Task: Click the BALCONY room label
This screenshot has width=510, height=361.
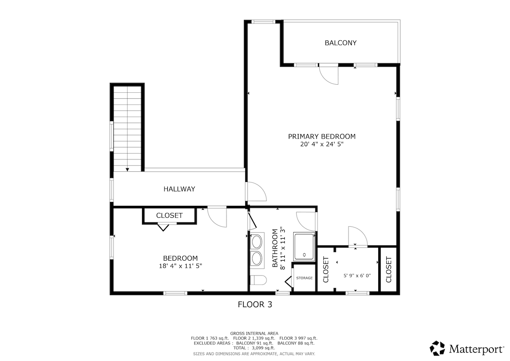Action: [340, 43]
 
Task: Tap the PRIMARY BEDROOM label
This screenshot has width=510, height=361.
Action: [322, 136]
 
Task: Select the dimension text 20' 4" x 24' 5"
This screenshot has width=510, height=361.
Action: [322, 144]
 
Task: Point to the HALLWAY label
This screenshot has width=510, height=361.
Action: [179, 189]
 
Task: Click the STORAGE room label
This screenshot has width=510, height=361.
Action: [304, 278]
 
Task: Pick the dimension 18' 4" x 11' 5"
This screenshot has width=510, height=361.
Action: [180, 266]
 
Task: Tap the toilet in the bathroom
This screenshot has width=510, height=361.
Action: [258, 280]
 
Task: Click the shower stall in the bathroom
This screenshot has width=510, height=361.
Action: [304, 247]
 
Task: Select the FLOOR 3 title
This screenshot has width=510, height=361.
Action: [255, 304]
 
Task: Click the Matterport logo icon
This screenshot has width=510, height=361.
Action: [437, 348]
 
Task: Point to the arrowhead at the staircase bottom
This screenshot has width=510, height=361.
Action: [127, 170]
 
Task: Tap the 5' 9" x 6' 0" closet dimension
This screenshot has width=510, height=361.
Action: [357, 276]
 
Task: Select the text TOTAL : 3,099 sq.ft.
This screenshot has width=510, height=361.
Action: [254, 348]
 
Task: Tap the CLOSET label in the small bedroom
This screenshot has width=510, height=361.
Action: [169, 216]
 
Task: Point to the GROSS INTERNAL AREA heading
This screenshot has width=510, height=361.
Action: [254, 333]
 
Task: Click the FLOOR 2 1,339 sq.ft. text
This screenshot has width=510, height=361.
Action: [254, 338]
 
